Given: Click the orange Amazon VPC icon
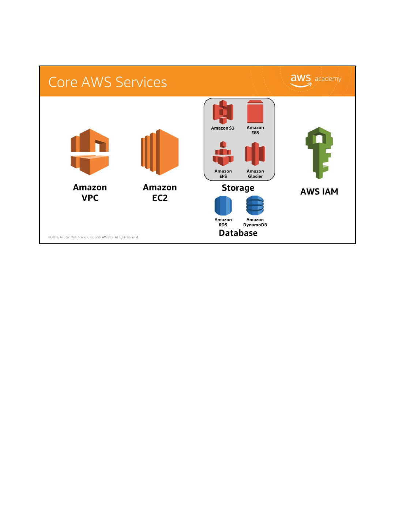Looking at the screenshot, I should pos(90,152).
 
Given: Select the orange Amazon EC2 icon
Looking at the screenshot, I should pos(160,152).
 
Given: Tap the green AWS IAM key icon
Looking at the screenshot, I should pos(319,153).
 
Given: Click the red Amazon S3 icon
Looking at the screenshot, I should pos(223,112).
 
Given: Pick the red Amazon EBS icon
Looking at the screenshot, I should pos(255,112).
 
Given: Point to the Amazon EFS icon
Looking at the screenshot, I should pos(223,154).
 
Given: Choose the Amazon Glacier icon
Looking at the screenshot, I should pos(255,154).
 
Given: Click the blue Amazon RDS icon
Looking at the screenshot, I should pos(223,206).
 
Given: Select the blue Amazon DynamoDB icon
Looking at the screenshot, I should pos(255,206).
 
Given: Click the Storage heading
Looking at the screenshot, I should pos(238,188).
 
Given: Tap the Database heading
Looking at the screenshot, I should pos(238,233).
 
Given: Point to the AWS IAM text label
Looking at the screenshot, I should pos(319,192).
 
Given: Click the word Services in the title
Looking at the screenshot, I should pos(141,82).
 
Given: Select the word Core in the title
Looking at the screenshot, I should pos(63,82).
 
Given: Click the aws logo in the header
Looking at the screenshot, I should pos(301,80).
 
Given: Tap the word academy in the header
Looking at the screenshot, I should pos(328,79).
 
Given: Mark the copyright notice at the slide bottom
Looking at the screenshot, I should pos(93,237).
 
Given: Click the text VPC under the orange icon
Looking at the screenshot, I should pos(90,198).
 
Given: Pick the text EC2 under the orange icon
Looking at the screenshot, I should pos(160,198).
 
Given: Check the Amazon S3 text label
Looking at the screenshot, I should pos(222,128).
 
